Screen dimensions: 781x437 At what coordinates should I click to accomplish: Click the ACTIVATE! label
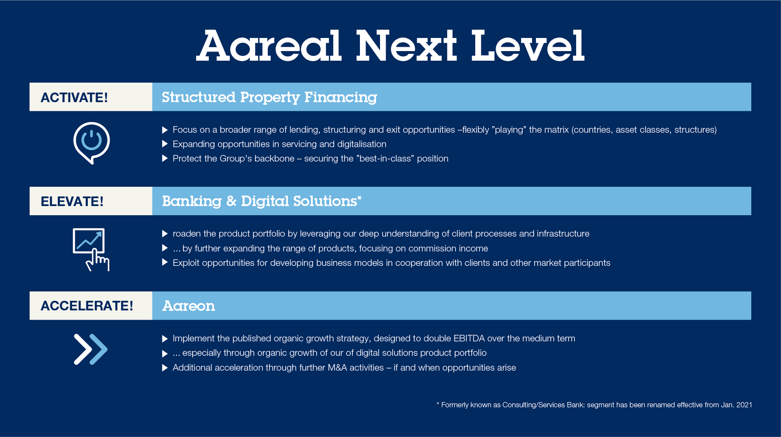tap(74, 97)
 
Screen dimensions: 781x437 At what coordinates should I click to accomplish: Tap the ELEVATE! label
tap(72, 201)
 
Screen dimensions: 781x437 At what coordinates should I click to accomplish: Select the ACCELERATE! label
tap(87, 306)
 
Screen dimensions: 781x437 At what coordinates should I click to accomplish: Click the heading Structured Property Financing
tap(270, 97)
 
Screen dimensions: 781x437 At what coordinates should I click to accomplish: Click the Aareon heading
tap(189, 306)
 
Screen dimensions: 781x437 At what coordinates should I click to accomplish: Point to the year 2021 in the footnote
tap(744, 405)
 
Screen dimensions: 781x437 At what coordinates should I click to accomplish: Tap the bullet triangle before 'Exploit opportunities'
tap(165, 262)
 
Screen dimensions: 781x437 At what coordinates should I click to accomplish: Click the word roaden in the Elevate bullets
tap(187, 234)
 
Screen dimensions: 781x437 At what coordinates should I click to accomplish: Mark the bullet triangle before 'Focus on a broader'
tap(165, 130)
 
